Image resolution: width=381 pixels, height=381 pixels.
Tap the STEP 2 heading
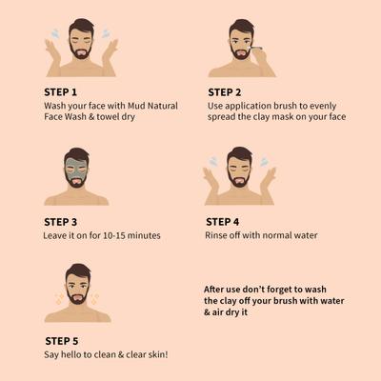click(226, 91)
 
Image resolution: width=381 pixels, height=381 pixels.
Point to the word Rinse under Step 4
click(218, 234)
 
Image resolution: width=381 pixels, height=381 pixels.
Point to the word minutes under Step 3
click(140, 234)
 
